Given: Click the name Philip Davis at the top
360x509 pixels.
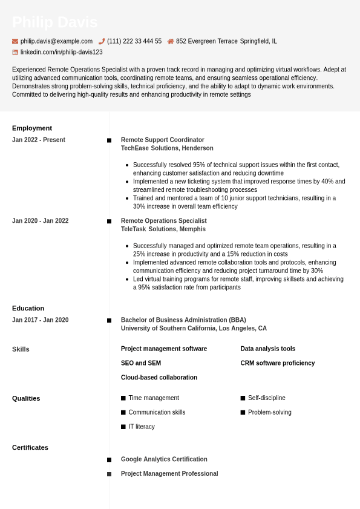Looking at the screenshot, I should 54,22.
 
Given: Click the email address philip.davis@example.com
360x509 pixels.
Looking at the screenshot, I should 56,41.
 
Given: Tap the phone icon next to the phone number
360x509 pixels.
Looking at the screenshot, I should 102,41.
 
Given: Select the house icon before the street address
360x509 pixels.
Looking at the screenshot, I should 171,41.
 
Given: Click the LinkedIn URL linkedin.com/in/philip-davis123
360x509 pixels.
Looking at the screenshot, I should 61,52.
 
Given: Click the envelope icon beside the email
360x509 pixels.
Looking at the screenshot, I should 15,41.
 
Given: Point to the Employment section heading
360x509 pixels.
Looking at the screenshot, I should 32,128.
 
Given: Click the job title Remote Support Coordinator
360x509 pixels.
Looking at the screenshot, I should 162,140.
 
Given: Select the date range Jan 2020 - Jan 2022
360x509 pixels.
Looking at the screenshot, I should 40,221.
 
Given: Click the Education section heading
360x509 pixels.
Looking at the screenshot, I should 28,308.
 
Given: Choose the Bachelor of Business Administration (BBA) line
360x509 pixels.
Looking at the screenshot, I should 183,320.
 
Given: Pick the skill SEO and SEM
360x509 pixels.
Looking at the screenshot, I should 140,363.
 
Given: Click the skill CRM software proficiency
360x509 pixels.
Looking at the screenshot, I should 277,363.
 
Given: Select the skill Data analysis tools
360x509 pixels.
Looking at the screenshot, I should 267,349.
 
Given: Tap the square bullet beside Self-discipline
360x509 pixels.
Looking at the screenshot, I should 243,398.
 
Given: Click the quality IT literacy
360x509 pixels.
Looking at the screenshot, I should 141,427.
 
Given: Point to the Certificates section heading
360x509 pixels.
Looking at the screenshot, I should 30,448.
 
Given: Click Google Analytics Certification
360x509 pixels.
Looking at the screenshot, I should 164,459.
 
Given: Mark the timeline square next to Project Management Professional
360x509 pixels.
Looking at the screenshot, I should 109,474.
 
